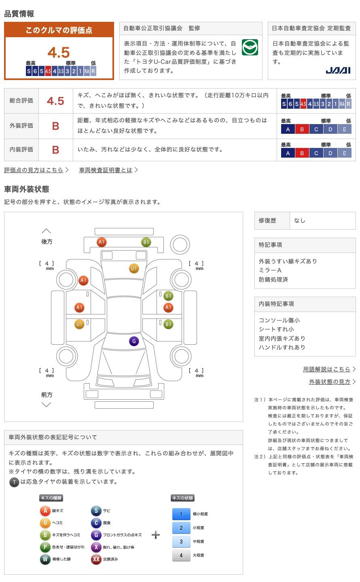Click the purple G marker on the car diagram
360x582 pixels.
(x=134, y=341)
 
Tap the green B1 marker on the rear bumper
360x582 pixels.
(x=146, y=242)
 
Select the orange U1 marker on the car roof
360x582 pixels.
(x=134, y=268)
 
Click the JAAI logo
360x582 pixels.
(x=338, y=70)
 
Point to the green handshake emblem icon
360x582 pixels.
(x=250, y=47)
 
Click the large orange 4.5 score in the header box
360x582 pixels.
(x=59, y=53)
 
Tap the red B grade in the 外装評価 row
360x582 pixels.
(x=55, y=126)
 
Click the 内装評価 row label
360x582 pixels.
(x=21, y=150)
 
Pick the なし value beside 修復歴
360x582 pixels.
(x=299, y=221)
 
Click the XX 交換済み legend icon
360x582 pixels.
(x=96, y=559)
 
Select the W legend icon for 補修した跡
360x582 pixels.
(x=45, y=559)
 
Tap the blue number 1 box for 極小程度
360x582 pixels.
(x=181, y=514)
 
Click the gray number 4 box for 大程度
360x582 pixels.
(x=181, y=555)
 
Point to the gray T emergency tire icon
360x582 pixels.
(x=14, y=482)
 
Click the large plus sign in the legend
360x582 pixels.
(x=156, y=535)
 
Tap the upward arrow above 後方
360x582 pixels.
(x=46, y=231)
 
